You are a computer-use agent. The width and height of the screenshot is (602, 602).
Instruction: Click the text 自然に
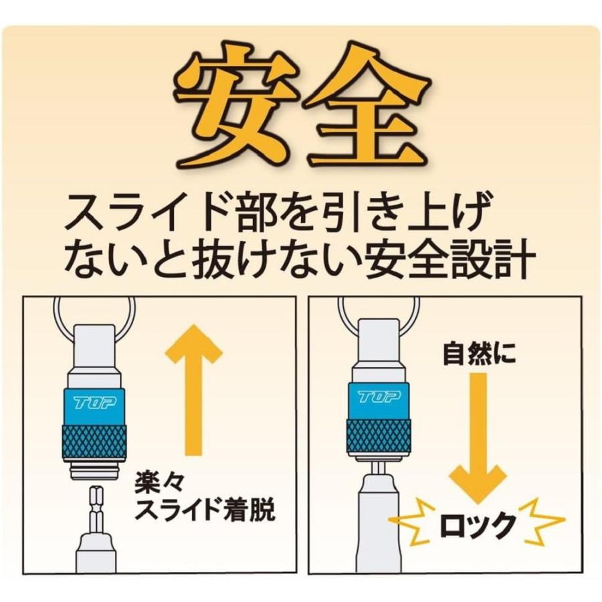479,353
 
